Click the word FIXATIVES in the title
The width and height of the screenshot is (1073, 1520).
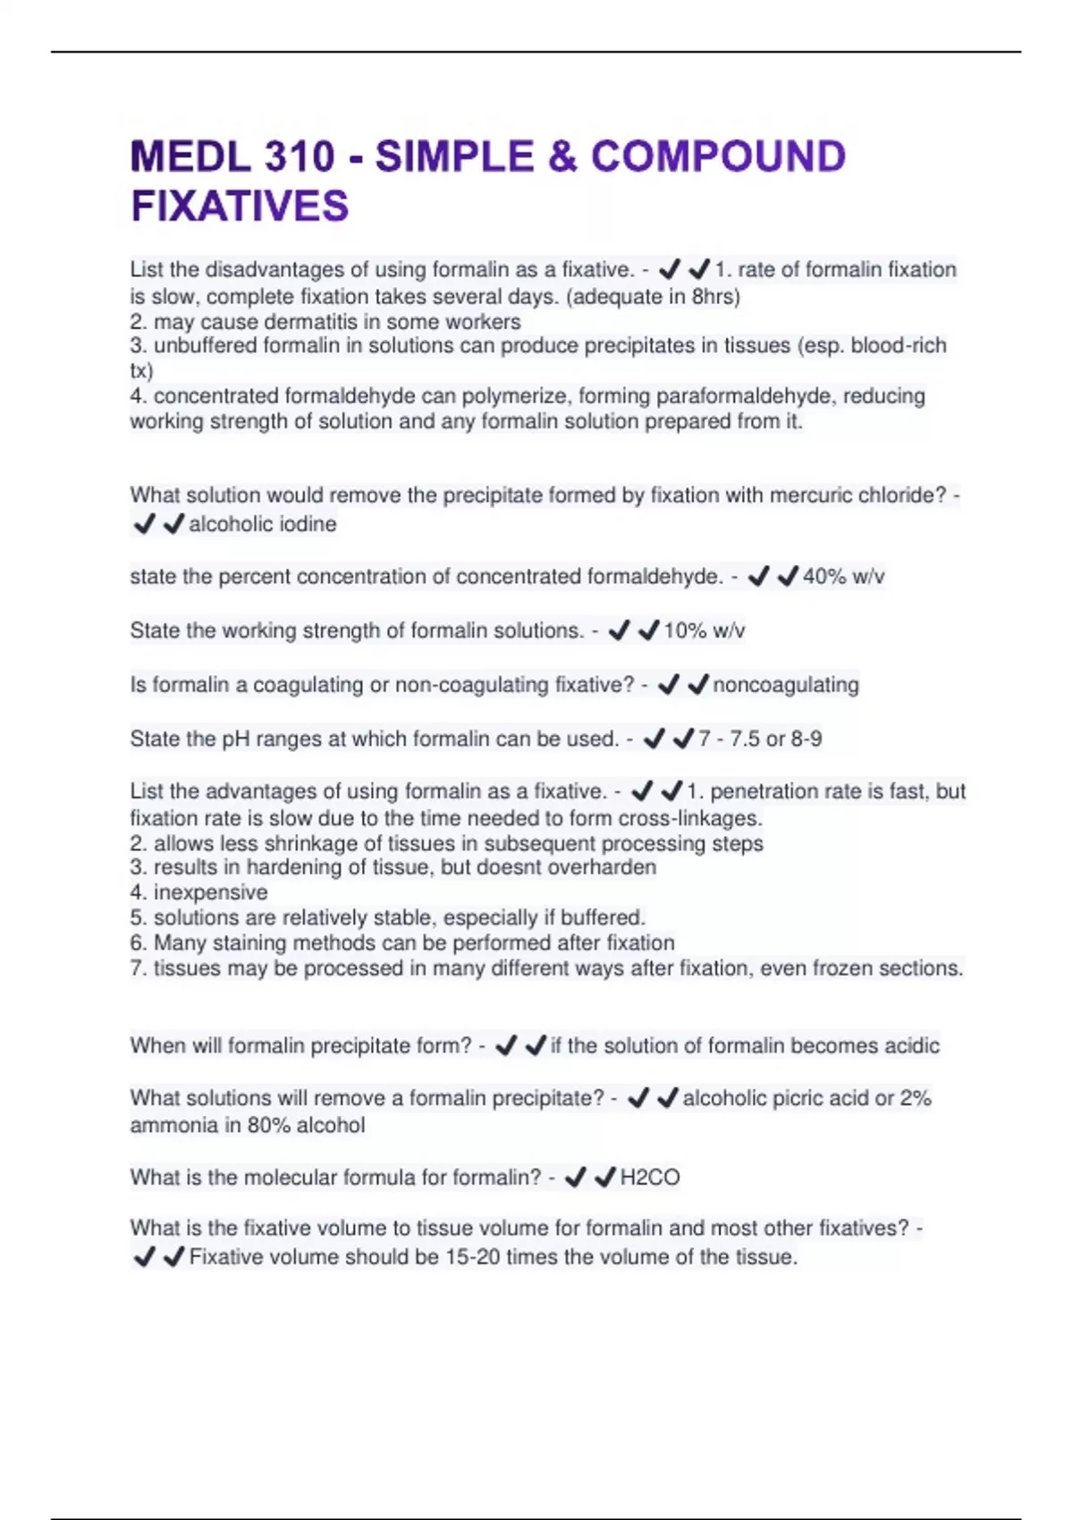(x=240, y=207)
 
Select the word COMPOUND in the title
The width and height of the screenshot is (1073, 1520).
(x=718, y=157)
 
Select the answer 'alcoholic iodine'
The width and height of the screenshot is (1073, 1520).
(x=263, y=524)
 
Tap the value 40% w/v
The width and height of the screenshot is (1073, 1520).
(x=843, y=577)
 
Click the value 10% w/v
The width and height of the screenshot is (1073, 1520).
(x=704, y=631)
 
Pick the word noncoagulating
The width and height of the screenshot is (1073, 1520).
(x=785, y=685)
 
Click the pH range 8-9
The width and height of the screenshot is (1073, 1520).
(x=806, y=739)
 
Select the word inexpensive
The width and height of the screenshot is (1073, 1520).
(x=210, y=892)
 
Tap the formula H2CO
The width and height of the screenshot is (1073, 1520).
(x=650, y=1178)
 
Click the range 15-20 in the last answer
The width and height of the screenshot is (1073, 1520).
(x=472, y=1257)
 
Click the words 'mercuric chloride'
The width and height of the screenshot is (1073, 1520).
(x=857, y=495)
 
